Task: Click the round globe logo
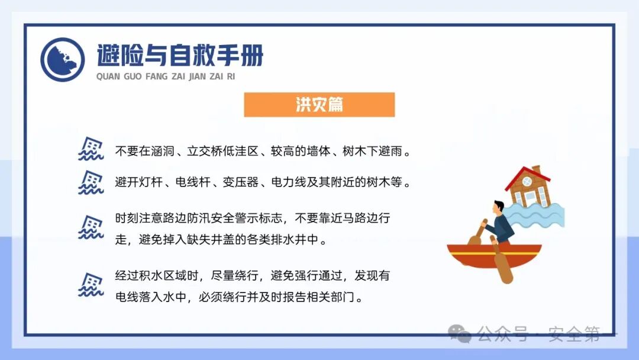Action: (63, 60)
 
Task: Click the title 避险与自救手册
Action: (180, 56)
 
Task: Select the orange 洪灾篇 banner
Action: (319, 105)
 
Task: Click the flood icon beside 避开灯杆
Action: (91, 182)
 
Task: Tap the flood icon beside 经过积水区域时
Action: (91, 285)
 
